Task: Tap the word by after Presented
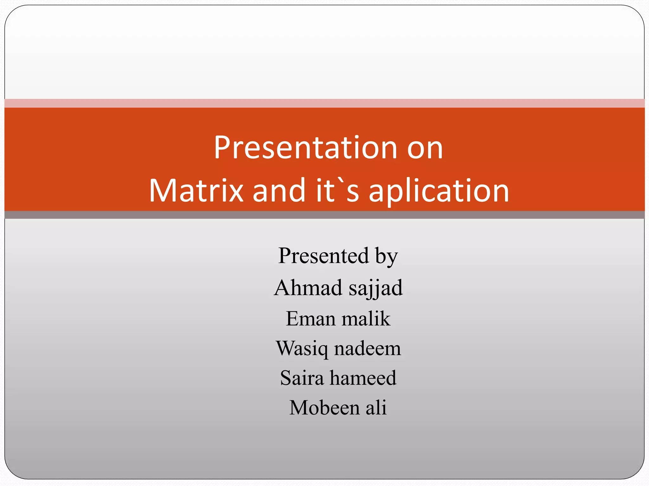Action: point(386,256)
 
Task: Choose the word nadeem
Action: point(368,348)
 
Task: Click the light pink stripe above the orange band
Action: point(324,103)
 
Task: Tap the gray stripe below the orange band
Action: point(324,215)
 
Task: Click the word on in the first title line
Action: point(425,148)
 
